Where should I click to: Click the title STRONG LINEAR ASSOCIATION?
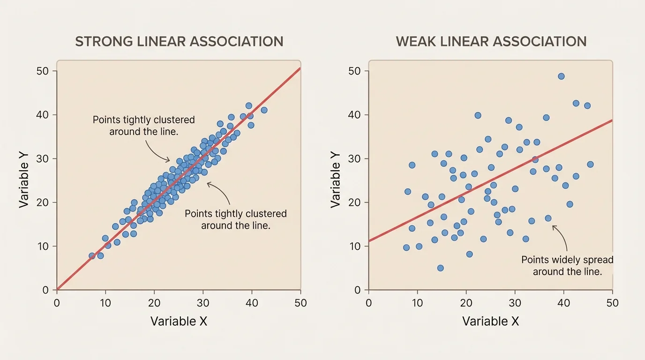point(179,41)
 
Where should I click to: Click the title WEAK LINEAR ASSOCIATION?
point(491,41)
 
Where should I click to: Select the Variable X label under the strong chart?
point(179,321)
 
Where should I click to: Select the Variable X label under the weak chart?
point(490,321)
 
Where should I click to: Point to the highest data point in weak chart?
point(561,76)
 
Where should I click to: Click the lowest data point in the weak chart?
point(440,268)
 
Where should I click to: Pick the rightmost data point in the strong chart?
point(264,110)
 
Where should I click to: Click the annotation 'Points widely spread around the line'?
point(567,265)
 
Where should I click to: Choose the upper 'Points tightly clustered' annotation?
point(143,125)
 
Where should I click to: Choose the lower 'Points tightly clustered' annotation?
point(235,219)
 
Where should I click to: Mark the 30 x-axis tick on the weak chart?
point(515,303)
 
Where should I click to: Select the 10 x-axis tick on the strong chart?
point(105,303)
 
